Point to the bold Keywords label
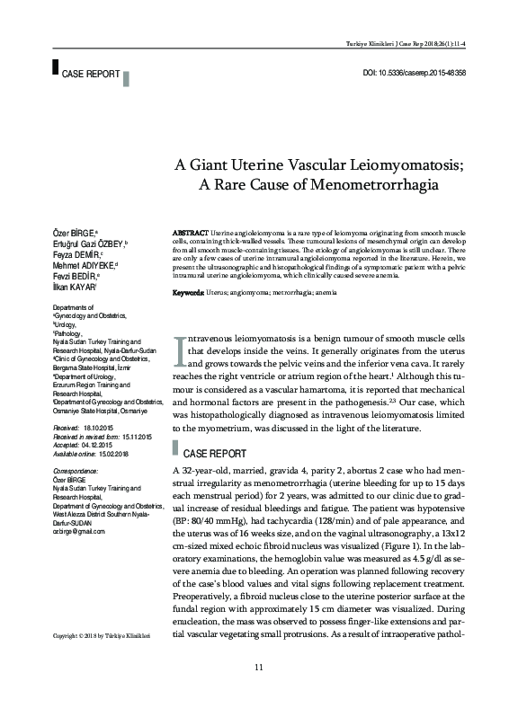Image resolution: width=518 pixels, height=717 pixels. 187,268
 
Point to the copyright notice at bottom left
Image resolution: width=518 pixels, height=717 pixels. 100,636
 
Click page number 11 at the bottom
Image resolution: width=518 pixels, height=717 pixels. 259,690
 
